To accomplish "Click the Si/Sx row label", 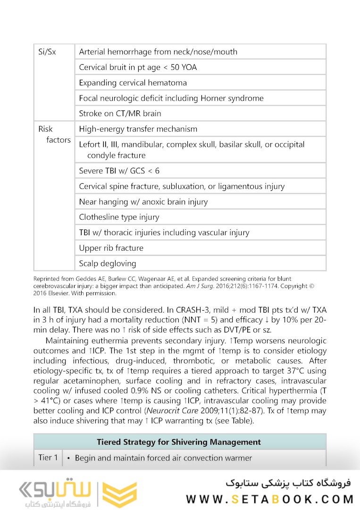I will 47,52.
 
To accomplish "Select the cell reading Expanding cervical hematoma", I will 133,83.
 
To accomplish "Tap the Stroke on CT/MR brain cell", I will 120,113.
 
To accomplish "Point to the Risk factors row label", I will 53,135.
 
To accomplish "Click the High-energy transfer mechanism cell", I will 138,129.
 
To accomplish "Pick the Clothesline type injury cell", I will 119,217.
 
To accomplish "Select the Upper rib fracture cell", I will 111,248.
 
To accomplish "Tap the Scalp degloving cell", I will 107,263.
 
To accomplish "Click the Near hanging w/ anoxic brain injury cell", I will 143,202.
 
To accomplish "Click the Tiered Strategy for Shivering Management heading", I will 179,442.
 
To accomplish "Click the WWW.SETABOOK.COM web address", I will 270,499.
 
